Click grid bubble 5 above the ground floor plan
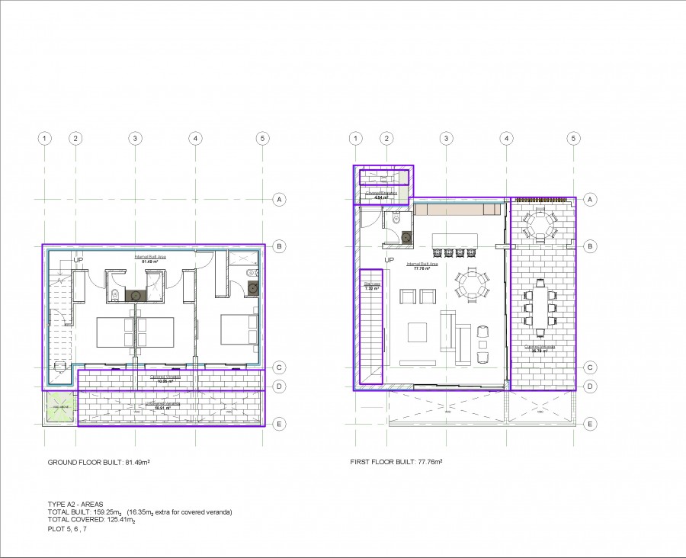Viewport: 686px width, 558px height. click(262, 139)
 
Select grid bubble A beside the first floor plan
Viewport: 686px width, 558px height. click(589, 200)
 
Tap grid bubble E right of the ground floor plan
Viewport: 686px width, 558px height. click(280, 424)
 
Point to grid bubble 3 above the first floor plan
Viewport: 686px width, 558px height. click(446, 139)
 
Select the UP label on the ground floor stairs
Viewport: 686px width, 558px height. click(78, 261)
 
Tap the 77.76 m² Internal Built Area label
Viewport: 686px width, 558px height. click(424, 266)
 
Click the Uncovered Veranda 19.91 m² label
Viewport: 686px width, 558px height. click(162, 407)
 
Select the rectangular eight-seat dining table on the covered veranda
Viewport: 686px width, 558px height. click(540, 306)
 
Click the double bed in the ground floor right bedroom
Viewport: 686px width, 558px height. click(239, 330)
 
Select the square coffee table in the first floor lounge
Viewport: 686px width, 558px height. click(417, 332)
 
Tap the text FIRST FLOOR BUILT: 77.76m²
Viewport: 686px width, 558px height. click(396, 463)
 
